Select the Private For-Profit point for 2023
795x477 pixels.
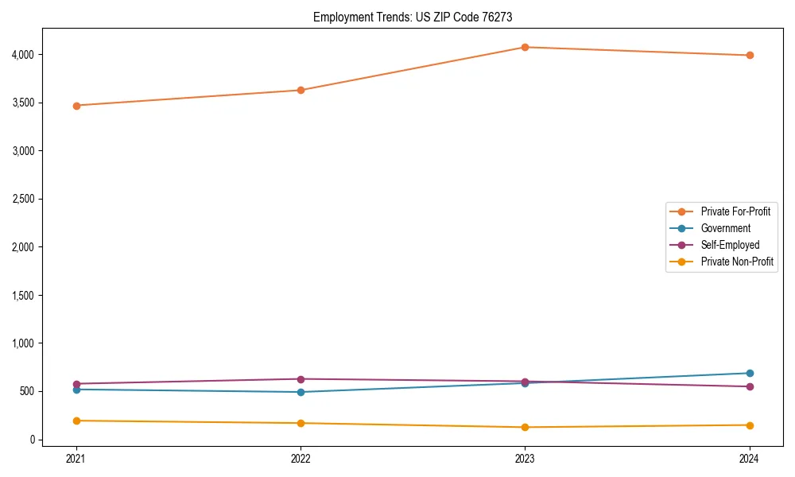click(525, 47)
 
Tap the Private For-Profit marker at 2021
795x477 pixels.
click(76, 105)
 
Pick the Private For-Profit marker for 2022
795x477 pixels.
click(301, 90)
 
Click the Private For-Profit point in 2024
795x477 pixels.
click(750, 55)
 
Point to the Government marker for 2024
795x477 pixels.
click(750, 373)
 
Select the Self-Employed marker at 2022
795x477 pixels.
click(301, 379)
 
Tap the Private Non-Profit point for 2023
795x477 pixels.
click(525, 427)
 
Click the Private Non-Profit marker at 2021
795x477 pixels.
click(76, 421)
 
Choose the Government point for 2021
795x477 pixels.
click(76, 390)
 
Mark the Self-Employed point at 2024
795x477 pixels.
click(750, 386)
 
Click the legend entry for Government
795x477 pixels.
click(725, 228)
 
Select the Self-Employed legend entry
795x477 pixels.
click(730, 245)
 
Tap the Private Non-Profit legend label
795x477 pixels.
click(737, 262)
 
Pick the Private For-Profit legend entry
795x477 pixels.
click(735, 211)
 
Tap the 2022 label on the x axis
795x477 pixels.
click(301, 459)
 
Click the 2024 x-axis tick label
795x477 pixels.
click(750, 459)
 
